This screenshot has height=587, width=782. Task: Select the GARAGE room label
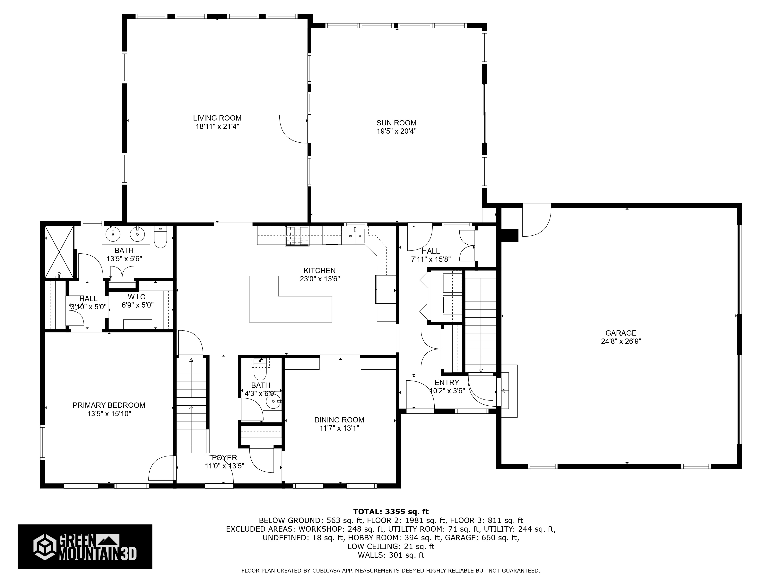coord(621,333)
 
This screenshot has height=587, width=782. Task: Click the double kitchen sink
coord(355,236)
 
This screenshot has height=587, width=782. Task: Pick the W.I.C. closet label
coord(137,297)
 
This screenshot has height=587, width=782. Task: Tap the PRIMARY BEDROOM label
coord(109,405)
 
